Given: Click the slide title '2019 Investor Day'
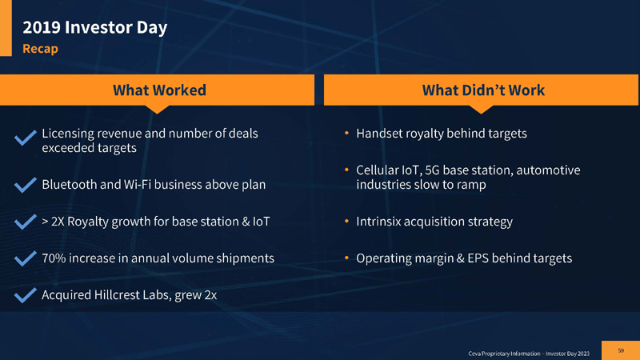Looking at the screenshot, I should (x=94, y=28).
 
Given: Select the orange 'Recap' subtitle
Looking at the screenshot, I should (x=40, y=49).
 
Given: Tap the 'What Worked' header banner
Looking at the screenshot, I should (x=159, y=90).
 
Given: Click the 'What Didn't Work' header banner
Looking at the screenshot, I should (x=482, y=90).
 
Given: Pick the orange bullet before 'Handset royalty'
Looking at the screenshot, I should (x=346, y=134).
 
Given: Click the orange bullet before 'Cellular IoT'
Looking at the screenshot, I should (x=346, y=170).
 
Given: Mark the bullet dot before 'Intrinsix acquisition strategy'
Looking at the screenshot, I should (x=346, y=222).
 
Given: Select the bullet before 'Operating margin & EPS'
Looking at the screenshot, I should (x=346, y=258).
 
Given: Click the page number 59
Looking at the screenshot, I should (x=621, y=349).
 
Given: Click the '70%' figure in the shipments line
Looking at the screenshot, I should (x=54, y=258).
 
